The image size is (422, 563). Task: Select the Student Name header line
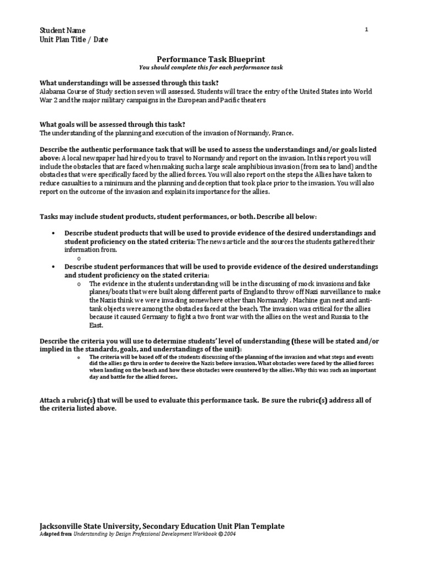[x=62, y=30]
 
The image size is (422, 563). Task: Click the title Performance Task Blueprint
[x=210, y=58]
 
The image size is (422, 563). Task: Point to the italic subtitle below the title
[x=210, y=67]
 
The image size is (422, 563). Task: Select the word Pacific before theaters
[x=229, y=100]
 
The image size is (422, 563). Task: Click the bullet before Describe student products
[x=53, y=233]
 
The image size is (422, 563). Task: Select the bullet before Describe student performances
[x=53, y=267]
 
